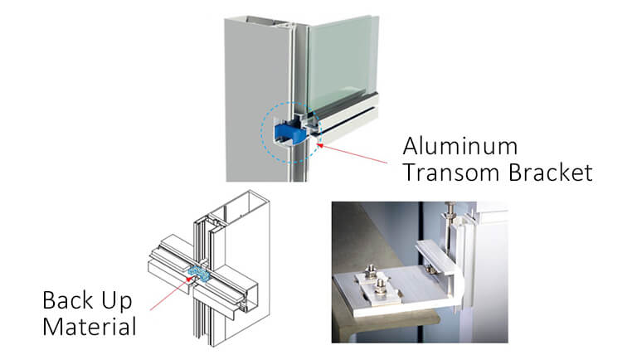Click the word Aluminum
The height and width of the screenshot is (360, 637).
coord(460,146)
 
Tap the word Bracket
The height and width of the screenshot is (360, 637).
coord(551,173)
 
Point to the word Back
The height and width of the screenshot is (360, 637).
coord(68,300)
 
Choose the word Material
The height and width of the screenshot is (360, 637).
coord(90,327)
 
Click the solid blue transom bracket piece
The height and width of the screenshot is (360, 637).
coord(290,132)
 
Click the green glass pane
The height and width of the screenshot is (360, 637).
coord(343,61)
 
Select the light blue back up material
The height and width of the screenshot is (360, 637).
coord(199,273)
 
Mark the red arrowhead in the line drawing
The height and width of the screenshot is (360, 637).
coord(188,280)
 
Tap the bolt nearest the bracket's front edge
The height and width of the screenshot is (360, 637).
coord(380,286)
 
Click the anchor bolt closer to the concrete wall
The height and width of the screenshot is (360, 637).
coord(371,271)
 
